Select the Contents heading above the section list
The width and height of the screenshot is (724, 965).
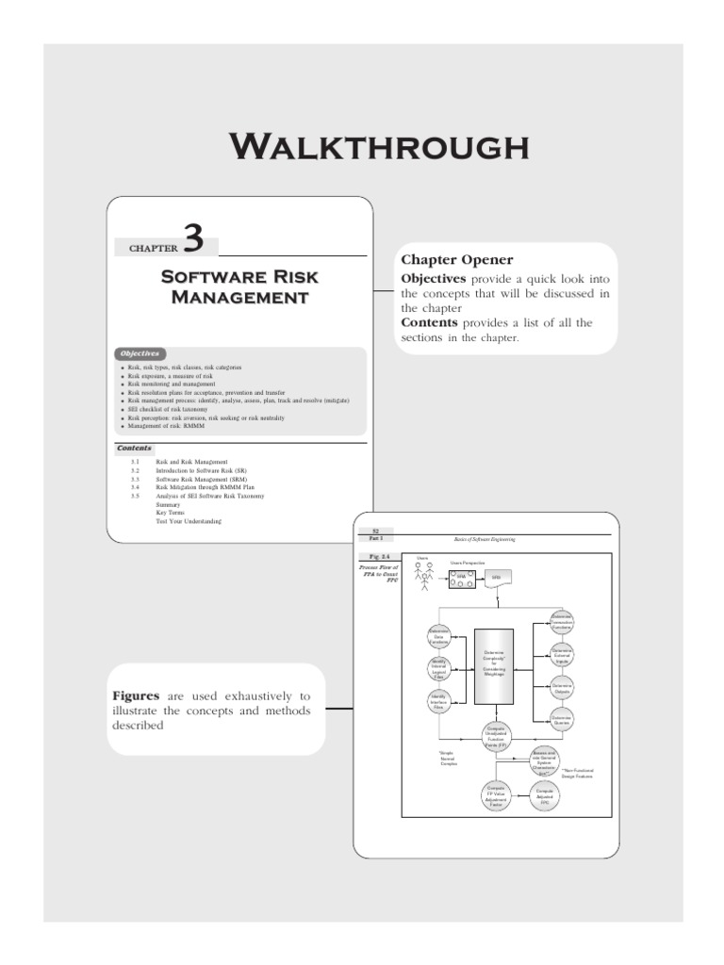pos(134,449)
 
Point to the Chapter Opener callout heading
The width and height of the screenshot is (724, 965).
pos(457,259)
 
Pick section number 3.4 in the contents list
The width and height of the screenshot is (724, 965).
pos(136,487)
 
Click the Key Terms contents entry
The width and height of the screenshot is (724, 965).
pos(171,513)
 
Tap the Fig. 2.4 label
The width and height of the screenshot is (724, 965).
pos(376,558)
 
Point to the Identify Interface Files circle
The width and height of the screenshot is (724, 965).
pos(438,701)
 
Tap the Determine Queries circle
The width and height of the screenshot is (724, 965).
pos(562,721)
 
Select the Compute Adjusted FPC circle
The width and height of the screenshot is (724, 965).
pos(545,796)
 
